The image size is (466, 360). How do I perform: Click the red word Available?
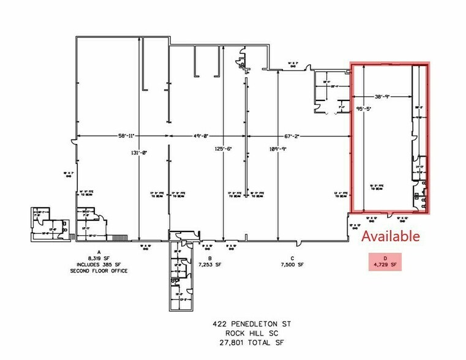point(391,236)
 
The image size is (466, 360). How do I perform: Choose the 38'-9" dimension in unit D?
point(385,97)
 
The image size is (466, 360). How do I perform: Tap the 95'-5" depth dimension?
point(363,111)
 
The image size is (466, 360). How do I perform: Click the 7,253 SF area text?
point(209,265)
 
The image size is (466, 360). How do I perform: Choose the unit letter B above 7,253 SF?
point(209,258)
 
